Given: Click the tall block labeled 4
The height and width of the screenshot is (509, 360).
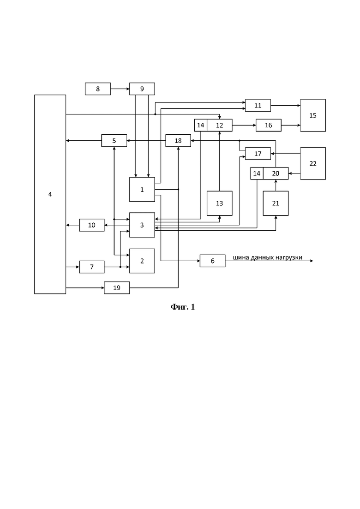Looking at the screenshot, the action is pyautogui.click(x=50, y=194).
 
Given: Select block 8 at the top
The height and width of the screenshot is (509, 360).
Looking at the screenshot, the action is pyautogui.click(x=98, y=89).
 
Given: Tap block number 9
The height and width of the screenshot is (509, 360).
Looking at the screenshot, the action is pyautogui.click(x=142, y=89).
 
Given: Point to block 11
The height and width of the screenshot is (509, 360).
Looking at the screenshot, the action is pyautogui.click(x=258, y=106).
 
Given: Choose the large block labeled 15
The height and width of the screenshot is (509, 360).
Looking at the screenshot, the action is pyautogui.click(x=313, y=115).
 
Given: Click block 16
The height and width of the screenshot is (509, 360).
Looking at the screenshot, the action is pyautogui.click(x=269, y=126).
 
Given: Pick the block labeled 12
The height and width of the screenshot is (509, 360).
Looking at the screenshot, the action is pyautogui.click(x=219, y=126).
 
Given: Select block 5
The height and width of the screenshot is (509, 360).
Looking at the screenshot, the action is pyautogui.click(x=114, y=141).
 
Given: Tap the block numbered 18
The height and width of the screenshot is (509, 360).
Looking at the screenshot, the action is pyautogui.click(x=178, y=141).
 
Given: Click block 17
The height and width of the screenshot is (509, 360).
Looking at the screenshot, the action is pyautogui.click(x=258, y=154).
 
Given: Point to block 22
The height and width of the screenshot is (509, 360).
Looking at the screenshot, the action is pyautogui.click(x=313, y=163).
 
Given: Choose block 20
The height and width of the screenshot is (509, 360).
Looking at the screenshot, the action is pyautogui.click(x=276, y=174).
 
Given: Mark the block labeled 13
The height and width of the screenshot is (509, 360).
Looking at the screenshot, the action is pyautogui.click(x=219, y=203).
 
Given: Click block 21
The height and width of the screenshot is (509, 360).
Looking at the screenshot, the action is pyautogui.click(x=276, y=203).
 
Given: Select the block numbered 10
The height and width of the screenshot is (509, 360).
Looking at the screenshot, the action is pyautogui.click(x=92, y=225).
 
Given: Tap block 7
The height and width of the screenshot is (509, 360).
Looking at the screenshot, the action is pyautogui.click(x=92, y=267).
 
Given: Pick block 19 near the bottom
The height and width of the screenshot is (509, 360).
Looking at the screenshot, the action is pyautogui.click(x=117, y=287).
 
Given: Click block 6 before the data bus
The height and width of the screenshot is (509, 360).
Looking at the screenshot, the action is pyautogui.click(x=213, y=261).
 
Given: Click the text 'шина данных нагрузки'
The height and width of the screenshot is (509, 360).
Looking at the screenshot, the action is pyautogui.click(x=268, y=258).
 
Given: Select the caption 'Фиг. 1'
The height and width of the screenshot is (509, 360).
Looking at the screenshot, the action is pyautogui.click(x=183, y=307).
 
